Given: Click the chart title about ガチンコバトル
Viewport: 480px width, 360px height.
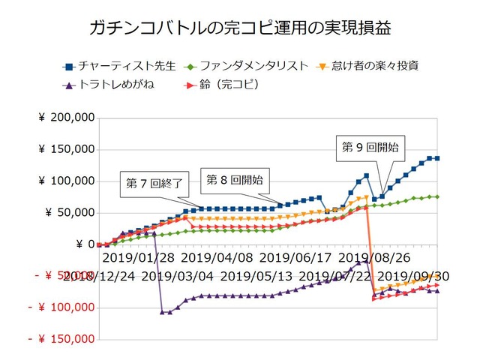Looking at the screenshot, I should point(240,29).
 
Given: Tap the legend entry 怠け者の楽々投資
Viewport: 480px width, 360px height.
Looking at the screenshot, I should point(372,66).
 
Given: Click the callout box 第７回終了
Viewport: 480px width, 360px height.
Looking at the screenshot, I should point(153,184).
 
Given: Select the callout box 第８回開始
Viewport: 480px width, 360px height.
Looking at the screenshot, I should point(234,180).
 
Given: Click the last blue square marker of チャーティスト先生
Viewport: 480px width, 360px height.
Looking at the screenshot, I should point(437,158).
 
